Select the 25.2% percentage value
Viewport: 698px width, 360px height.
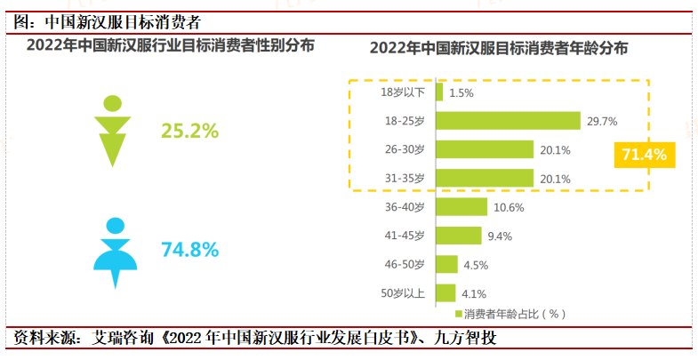(x=189, y=131)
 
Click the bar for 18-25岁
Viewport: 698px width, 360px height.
(x=508, y=121)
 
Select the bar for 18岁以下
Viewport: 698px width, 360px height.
(x=439, y=92)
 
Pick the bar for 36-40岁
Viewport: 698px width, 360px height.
(x=461, y=207)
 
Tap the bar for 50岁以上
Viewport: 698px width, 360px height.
(x=445, y=292)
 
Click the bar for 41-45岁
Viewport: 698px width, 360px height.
(x=459, y=236)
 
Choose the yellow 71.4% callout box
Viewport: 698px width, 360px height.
(x=644, y=156)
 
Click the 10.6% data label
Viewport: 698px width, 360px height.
(x=509, y=207)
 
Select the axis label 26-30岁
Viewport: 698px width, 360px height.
(x=404, y=149)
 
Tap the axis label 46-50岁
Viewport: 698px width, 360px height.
(x=404, y=264)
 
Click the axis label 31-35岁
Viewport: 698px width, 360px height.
(x=404, y=178)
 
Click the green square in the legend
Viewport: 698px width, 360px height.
(x=459, y=314)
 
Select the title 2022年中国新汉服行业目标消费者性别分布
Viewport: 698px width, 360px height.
(x=170, y=44)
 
